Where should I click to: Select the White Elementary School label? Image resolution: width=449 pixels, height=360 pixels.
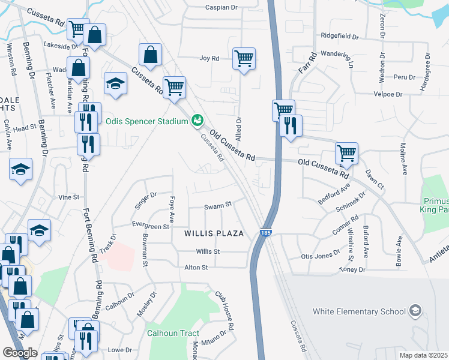tap(355, 311)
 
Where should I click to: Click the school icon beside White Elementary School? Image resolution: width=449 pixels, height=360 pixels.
tap(415, 311)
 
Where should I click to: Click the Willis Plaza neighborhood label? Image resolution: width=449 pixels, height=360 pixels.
tap(214, 233)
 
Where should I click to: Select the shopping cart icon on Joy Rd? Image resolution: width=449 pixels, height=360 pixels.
tap(244, 59)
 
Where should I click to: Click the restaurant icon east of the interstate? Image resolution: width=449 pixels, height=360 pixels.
tap(291, 126)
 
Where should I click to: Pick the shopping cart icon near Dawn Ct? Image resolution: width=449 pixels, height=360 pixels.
tap(347, 154)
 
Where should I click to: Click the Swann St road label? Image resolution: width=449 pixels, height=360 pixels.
tap(218, 205)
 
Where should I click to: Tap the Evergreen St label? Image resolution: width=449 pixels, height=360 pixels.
tap(151, 227)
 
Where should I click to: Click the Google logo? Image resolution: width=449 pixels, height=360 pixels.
tap(20, 353)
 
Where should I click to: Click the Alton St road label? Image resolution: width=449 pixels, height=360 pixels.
tap(196, 267)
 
